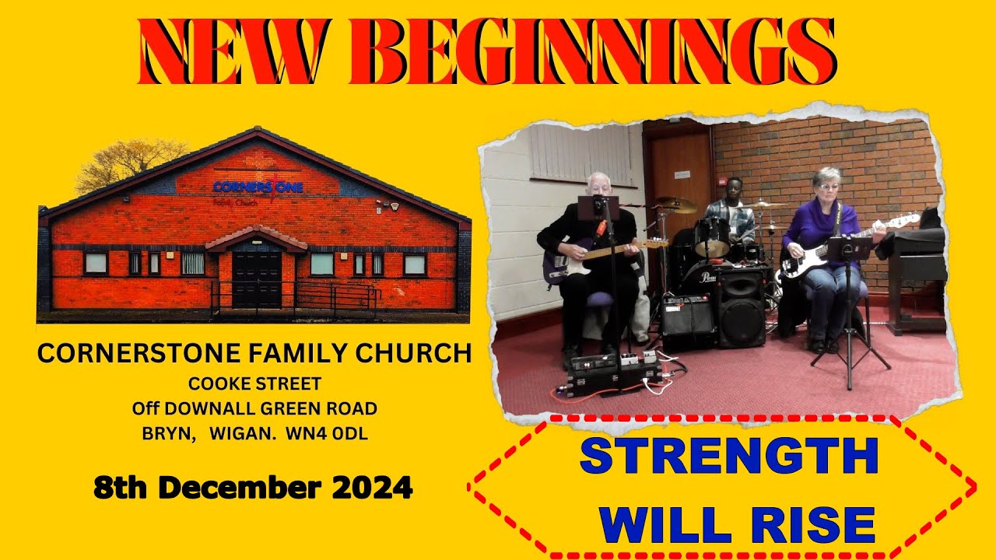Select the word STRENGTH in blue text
point(729,457)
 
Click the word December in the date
point(241,488)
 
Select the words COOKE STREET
point(254,383)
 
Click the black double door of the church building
point(257,278)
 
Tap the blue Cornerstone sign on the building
point(258,187)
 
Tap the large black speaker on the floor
point(742,307)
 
